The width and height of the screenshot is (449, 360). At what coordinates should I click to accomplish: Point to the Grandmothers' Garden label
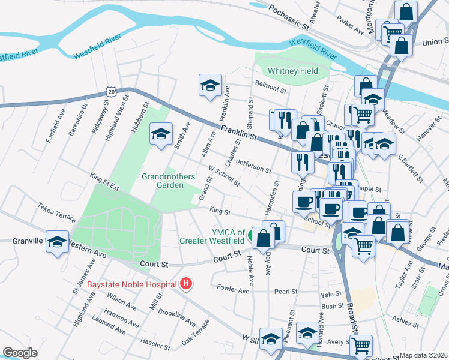coord(169,181)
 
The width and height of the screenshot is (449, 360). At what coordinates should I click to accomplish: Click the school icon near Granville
coord(57,242)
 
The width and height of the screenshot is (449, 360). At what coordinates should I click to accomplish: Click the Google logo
coord(20,353)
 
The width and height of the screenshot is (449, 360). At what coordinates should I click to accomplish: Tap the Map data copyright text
coord(424,355)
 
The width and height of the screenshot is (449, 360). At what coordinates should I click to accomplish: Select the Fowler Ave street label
coord(233,290)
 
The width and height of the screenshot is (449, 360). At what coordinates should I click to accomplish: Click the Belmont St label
coord(271,86)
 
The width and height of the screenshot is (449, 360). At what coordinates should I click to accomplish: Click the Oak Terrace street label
coord(196,331)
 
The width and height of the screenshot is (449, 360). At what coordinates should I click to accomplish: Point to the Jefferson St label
coord(255,166)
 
